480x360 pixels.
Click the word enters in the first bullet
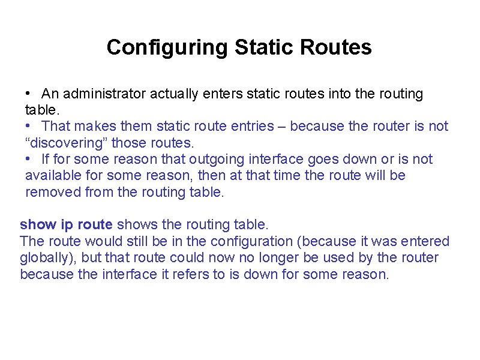pyautogui.click(x=226, y=94)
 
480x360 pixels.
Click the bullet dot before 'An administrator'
pyautogui.click(x=29, y=94)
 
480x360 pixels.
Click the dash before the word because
pyautogui.click(x=285, y=127)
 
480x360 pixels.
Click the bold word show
pyautogui.click(x=38, y=225)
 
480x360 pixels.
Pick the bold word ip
pyautogui.click(x=66, y=225)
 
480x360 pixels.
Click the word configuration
pyautogui.click(x=253, y=242)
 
